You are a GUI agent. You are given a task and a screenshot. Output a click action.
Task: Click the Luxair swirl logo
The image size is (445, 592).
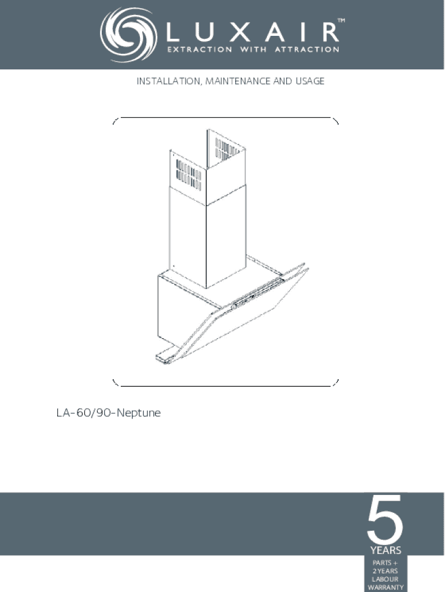128,35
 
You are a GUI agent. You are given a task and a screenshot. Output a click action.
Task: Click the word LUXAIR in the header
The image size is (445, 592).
253,32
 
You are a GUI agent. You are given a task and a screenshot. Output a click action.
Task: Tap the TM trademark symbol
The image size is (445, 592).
340,20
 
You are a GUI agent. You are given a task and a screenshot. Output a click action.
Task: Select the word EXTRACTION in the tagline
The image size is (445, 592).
199,50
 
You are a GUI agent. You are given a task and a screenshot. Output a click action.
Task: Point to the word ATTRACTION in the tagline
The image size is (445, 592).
307,50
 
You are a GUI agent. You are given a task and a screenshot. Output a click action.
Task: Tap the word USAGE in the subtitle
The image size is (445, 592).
310,81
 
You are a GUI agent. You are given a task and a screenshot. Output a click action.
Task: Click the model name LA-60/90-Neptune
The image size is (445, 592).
109,413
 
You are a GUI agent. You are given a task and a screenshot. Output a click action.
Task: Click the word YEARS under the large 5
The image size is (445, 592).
385,550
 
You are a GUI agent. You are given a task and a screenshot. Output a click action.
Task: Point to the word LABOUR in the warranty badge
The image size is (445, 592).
385,579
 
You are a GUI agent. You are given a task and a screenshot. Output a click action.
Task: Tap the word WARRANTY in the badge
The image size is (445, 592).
385,587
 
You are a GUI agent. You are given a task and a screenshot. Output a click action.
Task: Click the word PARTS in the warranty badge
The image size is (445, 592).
382,563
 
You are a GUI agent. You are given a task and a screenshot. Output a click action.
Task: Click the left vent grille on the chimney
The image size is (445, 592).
189,175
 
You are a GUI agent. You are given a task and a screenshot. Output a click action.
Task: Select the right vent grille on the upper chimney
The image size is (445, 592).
227,149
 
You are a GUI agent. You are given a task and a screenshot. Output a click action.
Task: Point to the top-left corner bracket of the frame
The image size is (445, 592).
116,121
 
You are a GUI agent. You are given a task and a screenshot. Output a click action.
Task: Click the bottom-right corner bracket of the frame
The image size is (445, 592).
335,383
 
